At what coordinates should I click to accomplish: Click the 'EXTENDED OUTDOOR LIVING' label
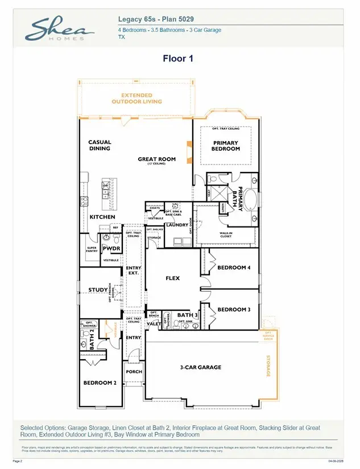tap(136, 98)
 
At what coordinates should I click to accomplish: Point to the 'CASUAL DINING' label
tap(100, 145)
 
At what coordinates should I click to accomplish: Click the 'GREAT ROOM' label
tap(156, 159)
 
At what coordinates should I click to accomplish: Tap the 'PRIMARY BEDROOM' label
tap(226, 146)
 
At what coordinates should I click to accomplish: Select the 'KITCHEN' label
tap(102, 217)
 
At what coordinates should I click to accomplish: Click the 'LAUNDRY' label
tap(177, 225)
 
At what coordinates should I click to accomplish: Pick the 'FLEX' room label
tap(172, 278)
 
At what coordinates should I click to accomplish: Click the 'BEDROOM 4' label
tap(234, 268)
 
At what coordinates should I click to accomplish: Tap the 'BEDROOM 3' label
tap(234, 310)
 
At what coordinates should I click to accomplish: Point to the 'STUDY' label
tap(97, 290)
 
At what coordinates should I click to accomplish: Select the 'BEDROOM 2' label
tap(100, 383)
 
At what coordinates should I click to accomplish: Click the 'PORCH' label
tap(134, 372)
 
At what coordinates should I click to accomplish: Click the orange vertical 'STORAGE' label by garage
tap(269, 366)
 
